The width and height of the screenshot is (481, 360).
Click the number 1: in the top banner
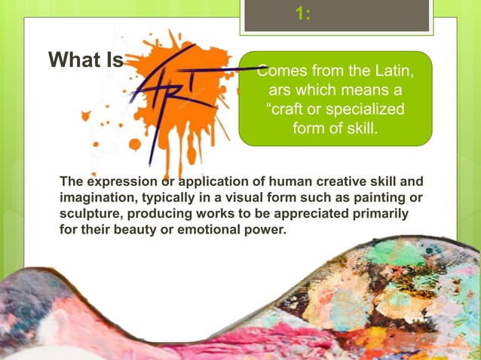point(303,15)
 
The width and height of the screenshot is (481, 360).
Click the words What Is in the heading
point(85,59)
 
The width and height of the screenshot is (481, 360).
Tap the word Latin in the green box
point(395,72)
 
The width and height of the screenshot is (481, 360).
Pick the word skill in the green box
point(358,129)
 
